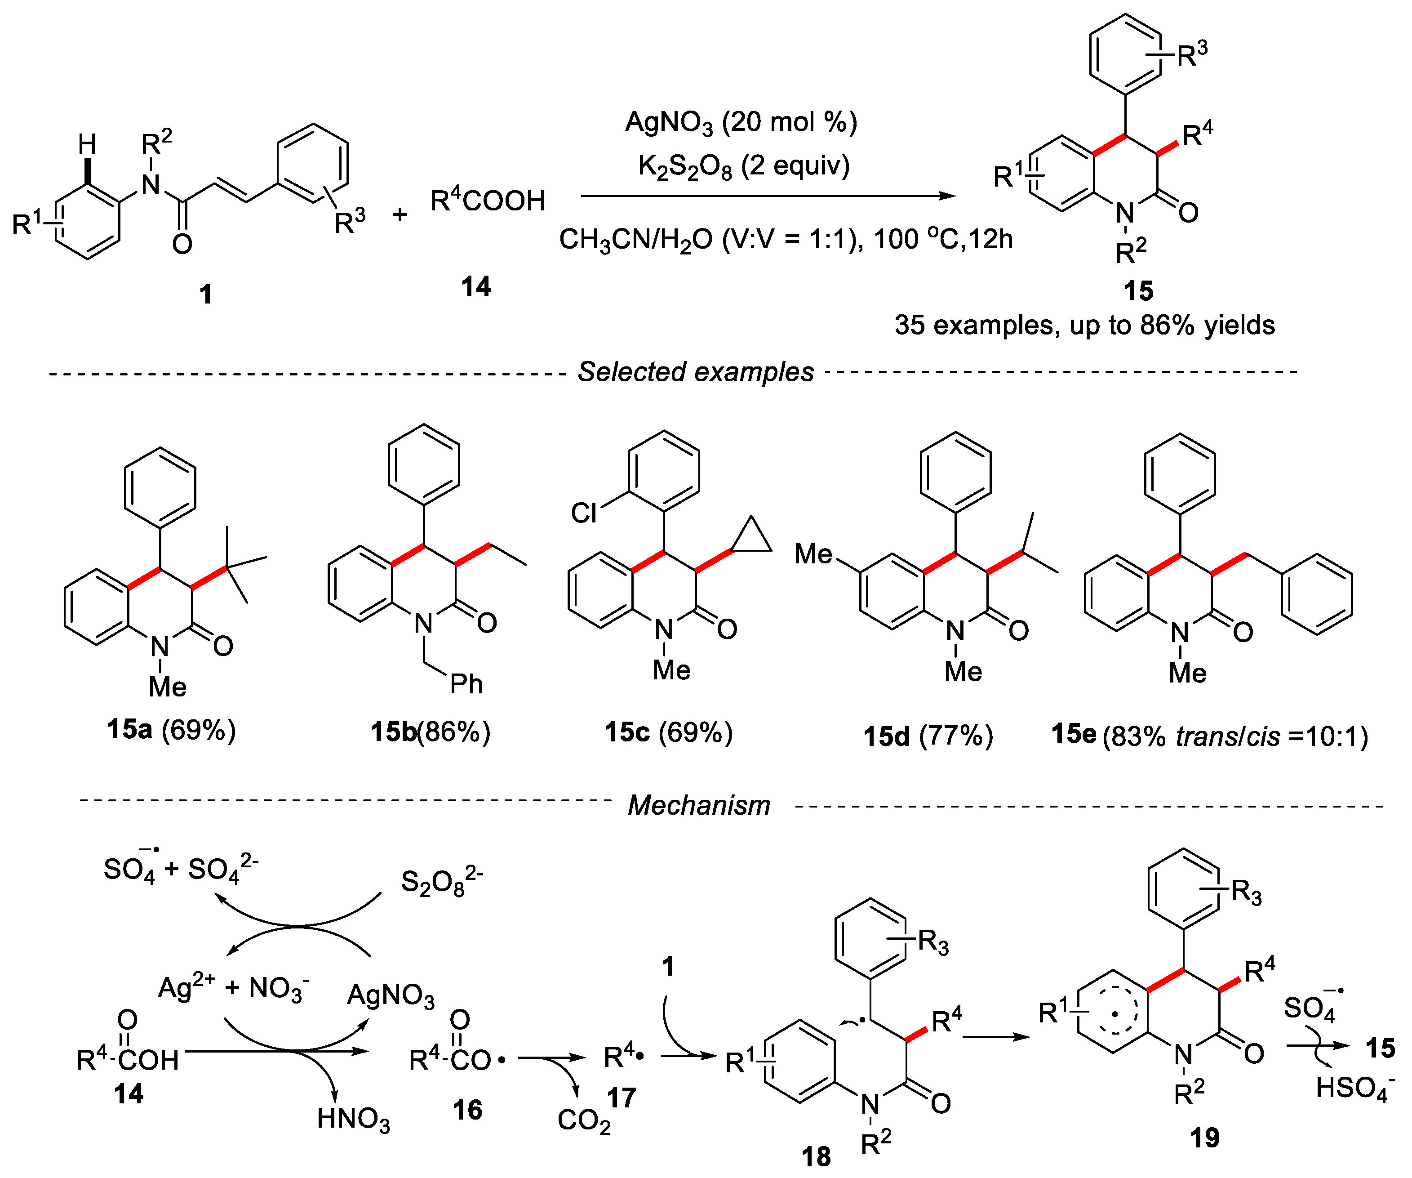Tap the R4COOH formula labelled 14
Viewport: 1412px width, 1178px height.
coord(488,201)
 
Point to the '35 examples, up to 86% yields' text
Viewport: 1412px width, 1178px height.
coord(1084,326)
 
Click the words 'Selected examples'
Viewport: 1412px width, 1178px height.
coord(696,372)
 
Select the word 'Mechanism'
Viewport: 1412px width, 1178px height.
coord(699,805)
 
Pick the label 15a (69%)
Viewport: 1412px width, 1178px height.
coord(172,730)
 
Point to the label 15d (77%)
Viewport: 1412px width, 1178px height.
coord(928,736)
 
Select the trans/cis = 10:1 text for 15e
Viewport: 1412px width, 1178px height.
coord(1271,736)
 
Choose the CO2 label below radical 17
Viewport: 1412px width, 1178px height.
coord(584,1121)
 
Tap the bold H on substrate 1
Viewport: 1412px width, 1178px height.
coord(88,144)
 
